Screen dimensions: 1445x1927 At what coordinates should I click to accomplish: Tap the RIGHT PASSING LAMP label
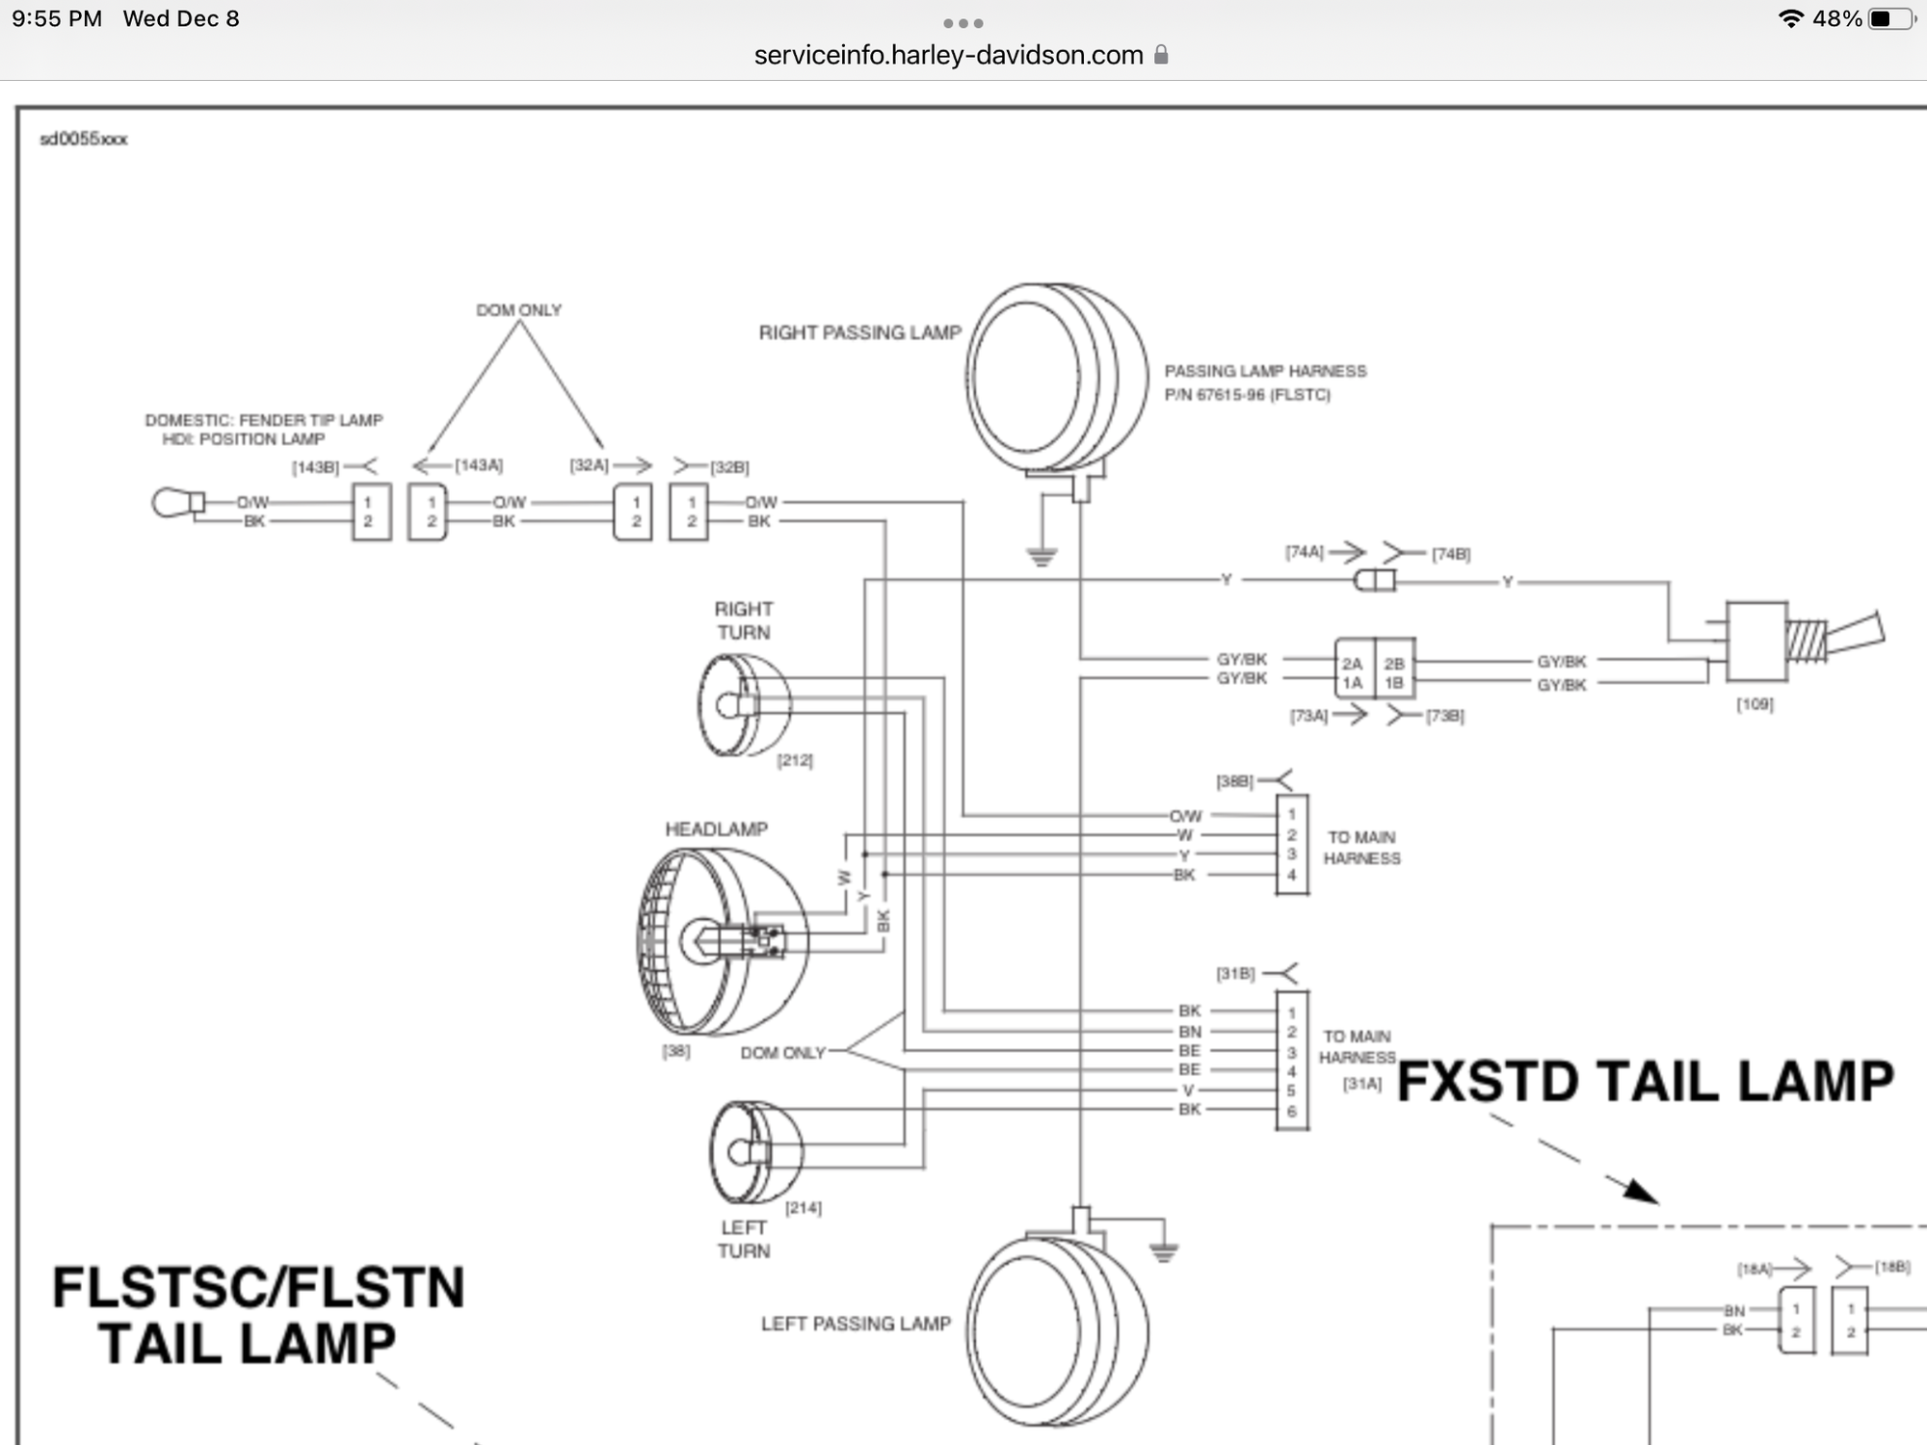(859, 332)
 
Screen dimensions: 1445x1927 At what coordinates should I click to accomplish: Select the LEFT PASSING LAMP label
(856, 1324)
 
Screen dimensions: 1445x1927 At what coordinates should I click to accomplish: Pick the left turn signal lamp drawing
(755, 1152)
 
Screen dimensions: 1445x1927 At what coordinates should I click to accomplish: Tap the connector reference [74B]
(1451, 554)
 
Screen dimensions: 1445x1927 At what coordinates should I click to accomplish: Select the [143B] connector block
(371, 512)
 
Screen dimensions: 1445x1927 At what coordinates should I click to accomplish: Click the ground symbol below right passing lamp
(1042, 557)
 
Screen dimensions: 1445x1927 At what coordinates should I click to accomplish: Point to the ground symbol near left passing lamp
(1164, 1252)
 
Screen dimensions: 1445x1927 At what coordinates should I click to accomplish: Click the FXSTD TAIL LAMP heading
(1645, 1081)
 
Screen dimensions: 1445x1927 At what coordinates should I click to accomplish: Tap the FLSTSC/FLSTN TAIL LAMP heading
(257, 1316)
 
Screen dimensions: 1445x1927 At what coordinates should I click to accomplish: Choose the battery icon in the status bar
(1890, 19)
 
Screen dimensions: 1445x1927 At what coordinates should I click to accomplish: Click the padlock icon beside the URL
(1161, 55)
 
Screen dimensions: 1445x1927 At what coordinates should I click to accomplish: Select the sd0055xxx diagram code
(83, 139)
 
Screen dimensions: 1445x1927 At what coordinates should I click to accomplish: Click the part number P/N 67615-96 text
(1247, 395)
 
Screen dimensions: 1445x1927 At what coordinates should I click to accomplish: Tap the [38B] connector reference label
(1234, 781)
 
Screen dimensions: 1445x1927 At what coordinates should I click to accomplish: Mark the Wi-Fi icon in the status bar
(1790, 19)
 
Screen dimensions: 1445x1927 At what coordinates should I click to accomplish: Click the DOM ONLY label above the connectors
(518, 310)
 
